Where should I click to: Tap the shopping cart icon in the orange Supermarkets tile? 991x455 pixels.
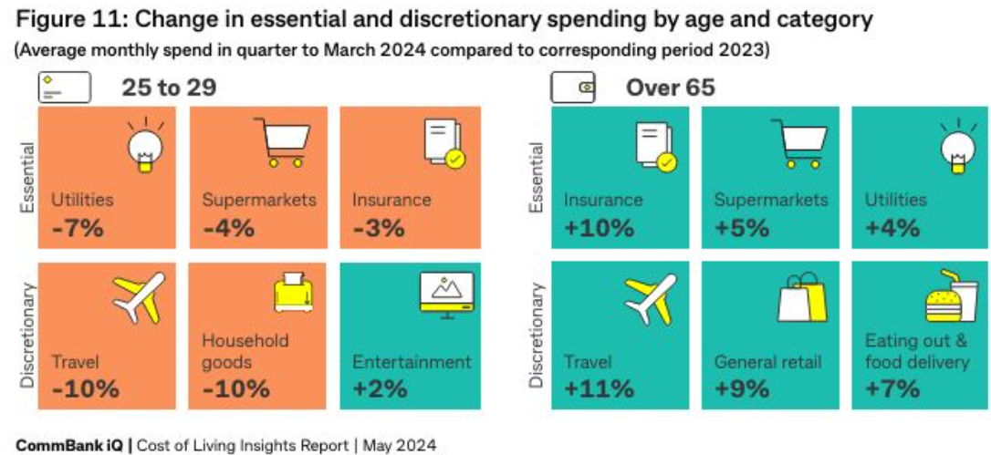pyautogui.click(x=278, y=141)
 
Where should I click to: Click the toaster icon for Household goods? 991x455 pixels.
pyautogui.click(x=294, y=291)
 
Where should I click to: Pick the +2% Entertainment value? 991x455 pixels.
pyautogui.click(x=379, y=388)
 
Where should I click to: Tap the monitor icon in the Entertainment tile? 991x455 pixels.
pyautogui.click(x=445, y=295)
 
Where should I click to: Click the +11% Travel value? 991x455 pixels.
pyautogui.click(x=599, y=388)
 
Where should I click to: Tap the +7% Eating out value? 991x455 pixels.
pyautogui.click(x=892, y=388)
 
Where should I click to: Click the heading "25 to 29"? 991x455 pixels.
pyautogui.click(x=169, y=88)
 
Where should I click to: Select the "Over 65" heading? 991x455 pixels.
pyautogui.click(x=670, y=88)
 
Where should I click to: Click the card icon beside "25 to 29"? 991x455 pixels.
pyautogui.click(x=64, y=88)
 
